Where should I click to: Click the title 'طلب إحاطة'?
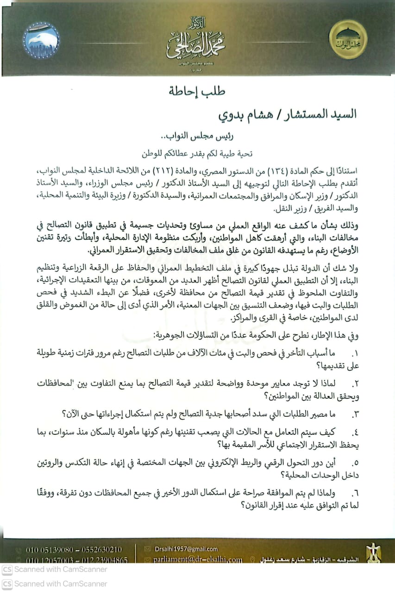point(198,91)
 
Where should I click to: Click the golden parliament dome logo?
point(347,39)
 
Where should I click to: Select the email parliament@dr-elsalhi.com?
point(198,560)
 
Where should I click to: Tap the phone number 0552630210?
point(101,549)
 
